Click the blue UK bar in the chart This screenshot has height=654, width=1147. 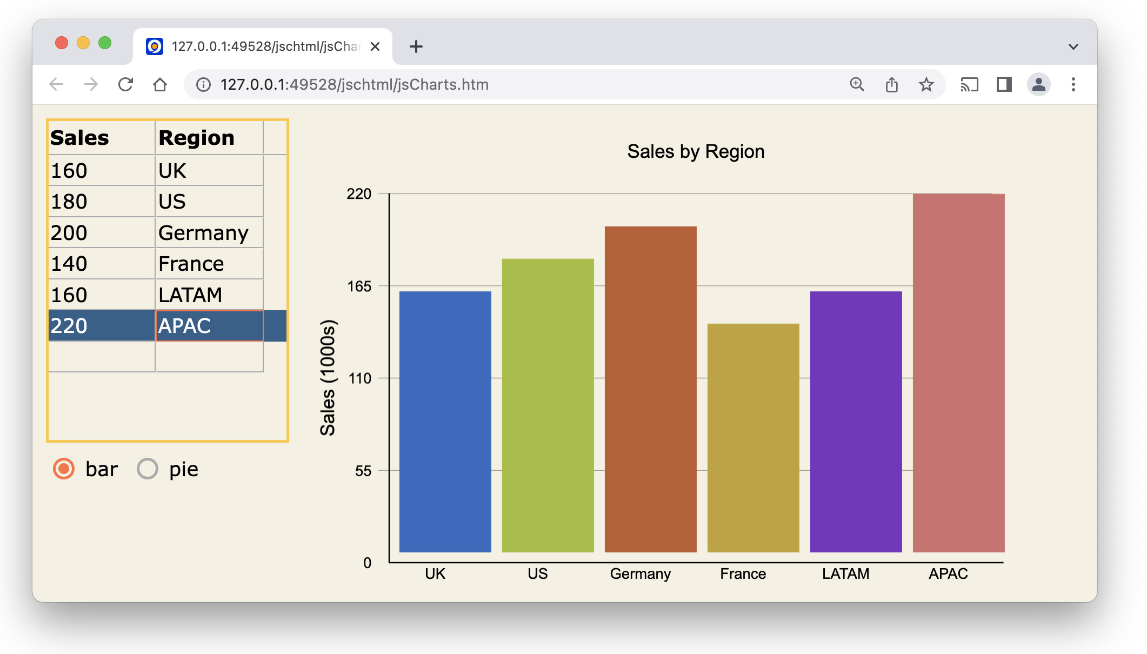pyautogui.click(x=445, y=422)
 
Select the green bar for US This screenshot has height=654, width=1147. pyautogui.click(x=548, y=405)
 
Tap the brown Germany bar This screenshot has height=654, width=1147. pyautogui.click(x=650, y=389)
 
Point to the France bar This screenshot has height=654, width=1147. pyautogui.click(x=753, y=438)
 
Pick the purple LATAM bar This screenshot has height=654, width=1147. pyautogui.click(x=856, y=422)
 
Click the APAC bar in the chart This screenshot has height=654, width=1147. pyautogui.click(x=958, y=373)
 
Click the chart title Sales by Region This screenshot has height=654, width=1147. pyautogui.click(x=696, y=152)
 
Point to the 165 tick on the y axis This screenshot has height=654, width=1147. pyautogui.click(x=359, y=286)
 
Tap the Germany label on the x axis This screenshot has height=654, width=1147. pyautogui.click(x=640, y=574)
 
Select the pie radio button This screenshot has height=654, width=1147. pyautogui.click(x=148, y=469)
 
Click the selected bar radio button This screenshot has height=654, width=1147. pyautogui.click(x=64, y=469)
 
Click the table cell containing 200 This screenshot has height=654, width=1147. pyautogui.click(x=101, y=233)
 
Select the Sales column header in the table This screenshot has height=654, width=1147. pyautogui.click(x=101, y=138)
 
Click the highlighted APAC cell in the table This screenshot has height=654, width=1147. pyautogui.click(x=209, y=326)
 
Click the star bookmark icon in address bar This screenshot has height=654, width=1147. pyautogui.click(x=926, y=85)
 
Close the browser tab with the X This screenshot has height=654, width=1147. pyautogui.click(x=375, y=47)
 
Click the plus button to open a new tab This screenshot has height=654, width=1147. pyautogui.click(x=416, y=47)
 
